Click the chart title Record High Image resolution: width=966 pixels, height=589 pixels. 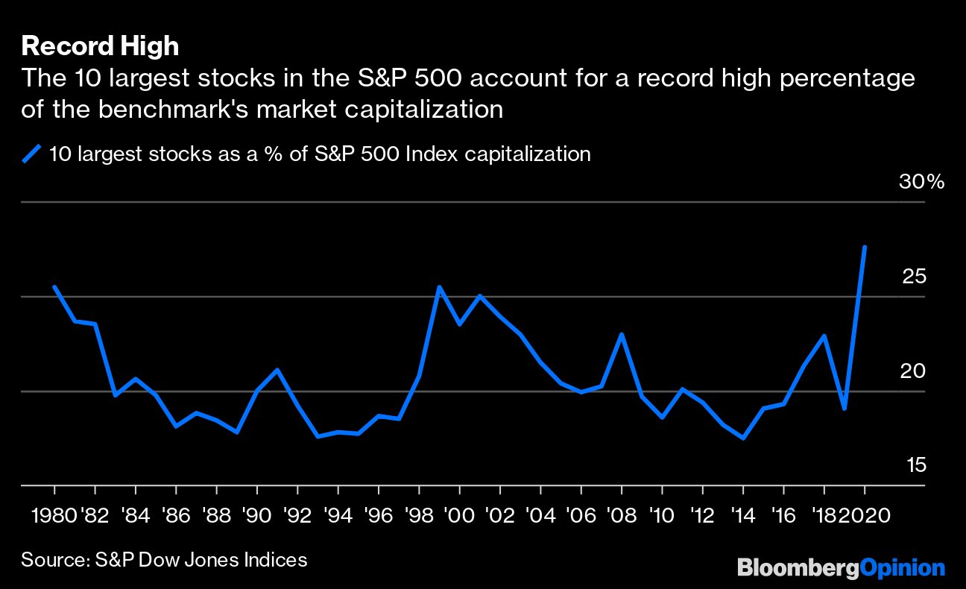[x=100, y=46]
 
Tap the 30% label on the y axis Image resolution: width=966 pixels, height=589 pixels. [x=921, y=182]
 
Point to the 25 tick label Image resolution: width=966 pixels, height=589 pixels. [x=914, y=277]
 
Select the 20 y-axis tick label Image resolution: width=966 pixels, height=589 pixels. [x=914, y=371]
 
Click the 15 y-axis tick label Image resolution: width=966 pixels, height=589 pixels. [x=915, y=465]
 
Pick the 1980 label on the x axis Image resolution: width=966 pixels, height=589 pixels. [x=53, y=515]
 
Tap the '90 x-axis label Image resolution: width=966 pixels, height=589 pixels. [x=256, y=515]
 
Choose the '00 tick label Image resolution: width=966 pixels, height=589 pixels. [x=459, y=515]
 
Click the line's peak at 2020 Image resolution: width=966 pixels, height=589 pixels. [x=865, y=247]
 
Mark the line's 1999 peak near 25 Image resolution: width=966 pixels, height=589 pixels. [x=439, y=286]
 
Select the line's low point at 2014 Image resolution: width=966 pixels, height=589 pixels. [x=743, y=438]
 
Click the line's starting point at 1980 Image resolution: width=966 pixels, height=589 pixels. [x=54, y=286]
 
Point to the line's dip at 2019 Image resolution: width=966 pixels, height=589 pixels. [x=845, y=409]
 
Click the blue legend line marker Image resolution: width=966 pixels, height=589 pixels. [x=31, y=154]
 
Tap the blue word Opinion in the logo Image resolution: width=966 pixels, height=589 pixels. [x=903, y=568]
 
